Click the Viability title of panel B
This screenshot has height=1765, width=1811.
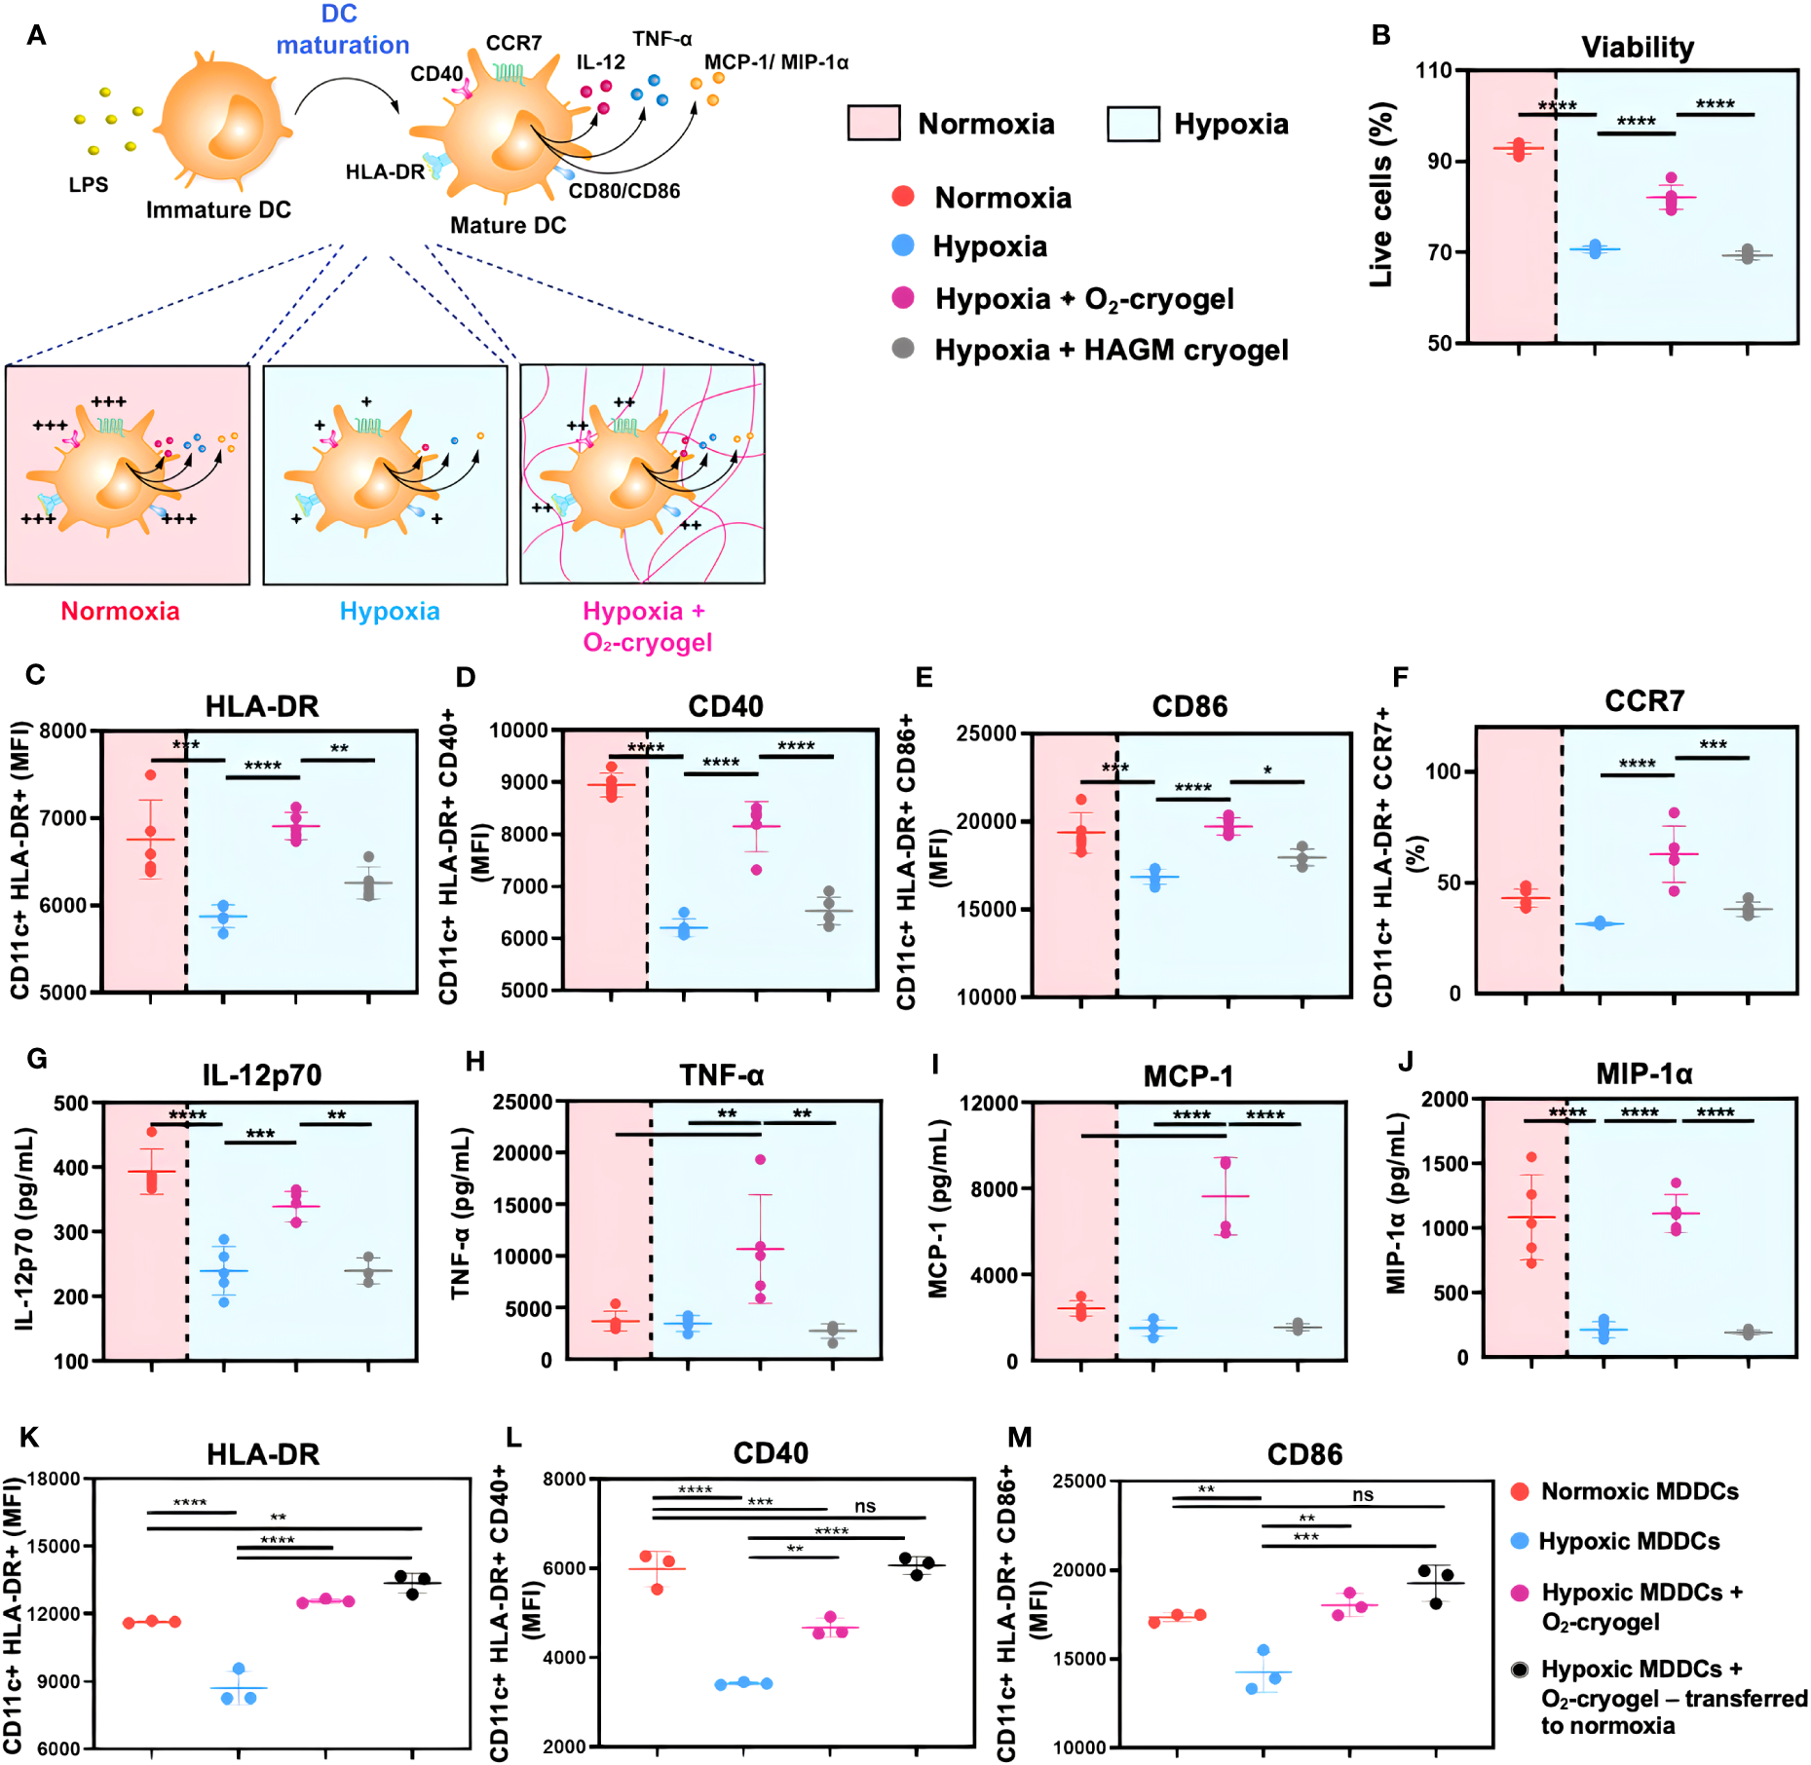[1637, 47]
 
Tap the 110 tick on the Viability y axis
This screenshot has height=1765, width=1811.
[1433, 70]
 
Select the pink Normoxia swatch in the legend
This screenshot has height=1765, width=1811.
[873, 124]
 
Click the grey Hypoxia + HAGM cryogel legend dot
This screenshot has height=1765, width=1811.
[903, 349]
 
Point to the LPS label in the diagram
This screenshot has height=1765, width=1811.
[88, 184]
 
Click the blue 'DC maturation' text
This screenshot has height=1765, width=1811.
[342, 30]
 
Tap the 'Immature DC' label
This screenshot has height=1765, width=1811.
[218, 209]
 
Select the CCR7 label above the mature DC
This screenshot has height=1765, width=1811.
[513, 43]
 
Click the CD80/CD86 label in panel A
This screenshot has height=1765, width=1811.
[623, 191]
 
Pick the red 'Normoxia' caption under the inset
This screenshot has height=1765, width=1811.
[120, 611]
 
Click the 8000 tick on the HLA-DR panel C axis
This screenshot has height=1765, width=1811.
[63, 731]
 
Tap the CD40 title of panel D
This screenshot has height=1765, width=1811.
[725, 706]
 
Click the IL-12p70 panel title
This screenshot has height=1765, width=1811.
[261, 1074]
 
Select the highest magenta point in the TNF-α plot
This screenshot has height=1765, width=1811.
[760, 1159]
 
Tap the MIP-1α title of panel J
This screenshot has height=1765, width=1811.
[1643, 1073]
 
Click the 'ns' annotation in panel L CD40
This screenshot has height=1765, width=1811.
[864, 1506]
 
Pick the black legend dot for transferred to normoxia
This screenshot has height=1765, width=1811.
[1519, 1670]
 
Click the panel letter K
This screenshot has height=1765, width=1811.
[29, 1437]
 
